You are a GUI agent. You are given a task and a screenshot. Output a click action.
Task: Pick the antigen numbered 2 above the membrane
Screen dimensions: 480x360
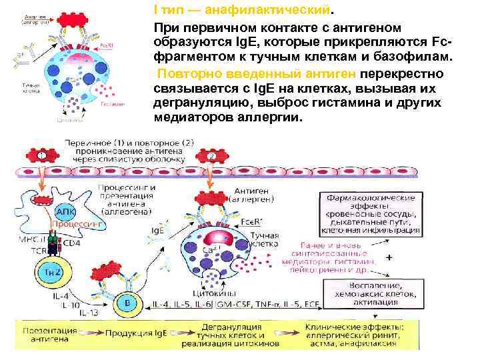coord(211,155)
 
